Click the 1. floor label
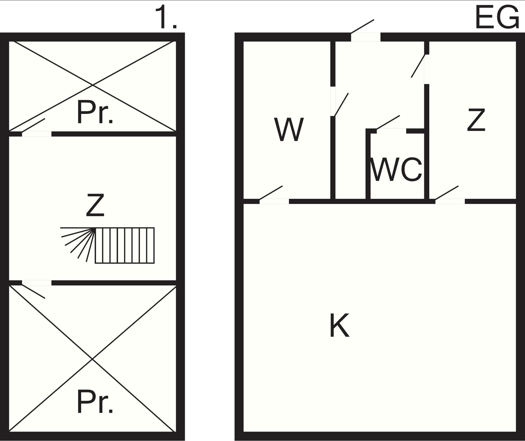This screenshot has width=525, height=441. coord(166,18)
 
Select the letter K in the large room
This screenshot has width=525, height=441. coord(340,325)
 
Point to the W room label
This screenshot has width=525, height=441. coord(289,130)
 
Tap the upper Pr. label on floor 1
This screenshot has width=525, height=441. coord(95,113)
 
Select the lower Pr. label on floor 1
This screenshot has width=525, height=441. coord(95,402)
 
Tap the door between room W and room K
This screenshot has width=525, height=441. coord(274,201)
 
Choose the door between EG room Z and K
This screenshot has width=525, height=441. coord(450,201)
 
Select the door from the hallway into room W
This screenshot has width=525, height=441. coord(333,101)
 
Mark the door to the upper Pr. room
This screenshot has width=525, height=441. coord(37,134)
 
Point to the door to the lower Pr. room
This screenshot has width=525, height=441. coord(37,283)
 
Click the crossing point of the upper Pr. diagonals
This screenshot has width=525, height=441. coord(93,85)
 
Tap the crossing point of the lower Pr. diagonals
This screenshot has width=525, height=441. coord(92,359)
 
